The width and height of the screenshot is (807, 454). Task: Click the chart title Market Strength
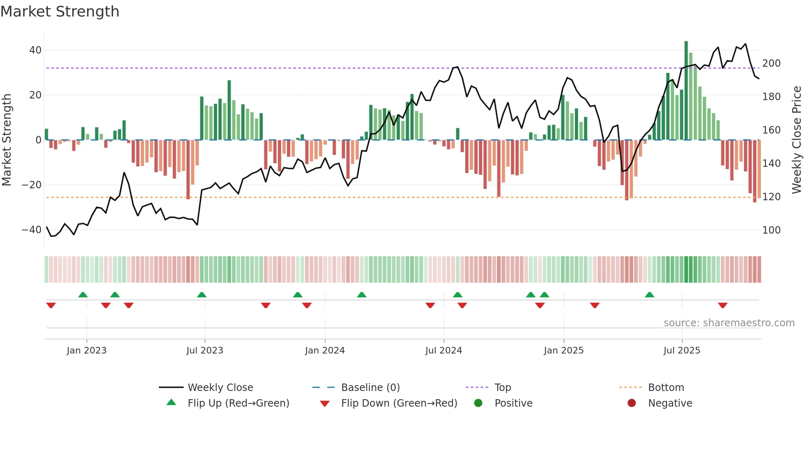[60, 12]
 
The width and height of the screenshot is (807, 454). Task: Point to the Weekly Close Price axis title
[797, 140]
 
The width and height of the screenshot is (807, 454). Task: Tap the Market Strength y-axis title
[7, 140]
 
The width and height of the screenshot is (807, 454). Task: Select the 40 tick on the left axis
[35, 50]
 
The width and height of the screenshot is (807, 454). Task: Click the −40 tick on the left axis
[32, 230]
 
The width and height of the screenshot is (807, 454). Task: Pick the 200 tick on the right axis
[771, 63]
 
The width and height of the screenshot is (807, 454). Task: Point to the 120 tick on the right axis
[771, 197]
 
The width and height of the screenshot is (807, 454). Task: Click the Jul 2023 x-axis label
[205, 351]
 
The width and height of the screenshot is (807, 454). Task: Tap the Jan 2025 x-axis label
[564, 351]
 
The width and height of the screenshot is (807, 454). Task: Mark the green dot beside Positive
[478, 403]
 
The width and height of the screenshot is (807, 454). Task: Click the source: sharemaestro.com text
[729, 323]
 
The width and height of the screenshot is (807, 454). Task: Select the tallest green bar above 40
[686, 91]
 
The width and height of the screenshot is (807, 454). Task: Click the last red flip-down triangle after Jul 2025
[723, 305]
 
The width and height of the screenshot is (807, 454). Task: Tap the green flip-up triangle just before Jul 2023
[202, 295]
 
